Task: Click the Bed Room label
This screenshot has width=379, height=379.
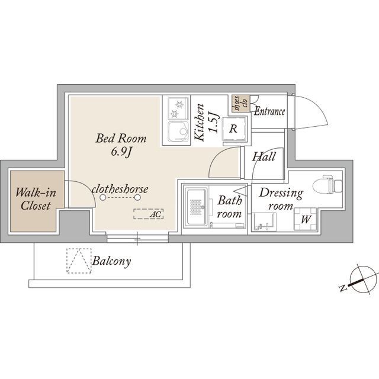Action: coord(121,138)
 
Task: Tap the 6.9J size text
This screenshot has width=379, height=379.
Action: coord(121,152)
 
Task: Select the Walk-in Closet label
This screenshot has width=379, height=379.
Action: coord(36,199)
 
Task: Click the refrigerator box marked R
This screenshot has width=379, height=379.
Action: coord(233,129)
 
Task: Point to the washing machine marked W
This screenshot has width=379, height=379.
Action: coord(305,219)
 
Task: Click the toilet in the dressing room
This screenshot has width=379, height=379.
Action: coord(327,184)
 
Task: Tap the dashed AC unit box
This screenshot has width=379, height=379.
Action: coord(149,214)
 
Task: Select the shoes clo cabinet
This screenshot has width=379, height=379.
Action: coord(239,104)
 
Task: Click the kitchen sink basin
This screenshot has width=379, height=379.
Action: coord(178,131)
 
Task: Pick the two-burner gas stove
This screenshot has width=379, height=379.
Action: coord(178,108)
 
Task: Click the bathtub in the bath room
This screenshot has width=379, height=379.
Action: coord(196,207)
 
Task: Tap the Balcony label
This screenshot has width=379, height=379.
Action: coord(112,261)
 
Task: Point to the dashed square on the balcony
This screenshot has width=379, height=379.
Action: coord(79,261)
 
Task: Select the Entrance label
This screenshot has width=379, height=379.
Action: coord(269,111)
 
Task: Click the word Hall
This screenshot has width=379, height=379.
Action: coord(264,156)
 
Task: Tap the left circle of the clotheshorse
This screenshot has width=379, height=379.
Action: coord(102,197)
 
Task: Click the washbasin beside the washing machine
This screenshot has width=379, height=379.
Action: coord(264,221)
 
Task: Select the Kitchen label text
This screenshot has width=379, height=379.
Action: coord(200,123)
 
